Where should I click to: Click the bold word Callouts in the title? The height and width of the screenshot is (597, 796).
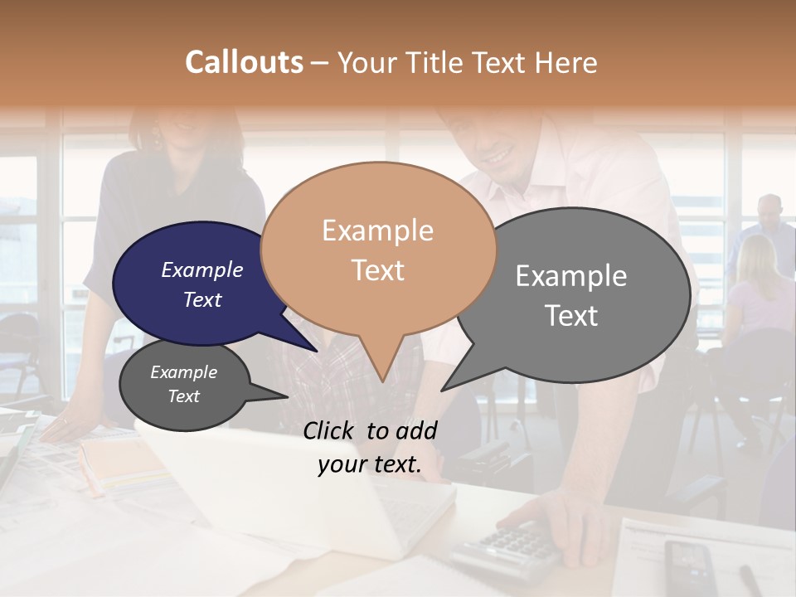(x=244, y=62)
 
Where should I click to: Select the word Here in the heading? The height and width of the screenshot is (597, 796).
(x=568, y=62)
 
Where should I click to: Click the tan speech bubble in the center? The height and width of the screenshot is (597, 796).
(x=378, y=249)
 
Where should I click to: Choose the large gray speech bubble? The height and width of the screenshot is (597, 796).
(x=580, y=294)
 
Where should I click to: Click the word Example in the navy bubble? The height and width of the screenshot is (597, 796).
(x=202, y=269)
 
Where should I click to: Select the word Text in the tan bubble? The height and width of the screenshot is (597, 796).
(x=378, y=270)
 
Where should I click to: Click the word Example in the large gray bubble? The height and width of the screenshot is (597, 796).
(x=571, y=276)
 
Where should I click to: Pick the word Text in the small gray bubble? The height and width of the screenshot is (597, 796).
(x=184, y=396)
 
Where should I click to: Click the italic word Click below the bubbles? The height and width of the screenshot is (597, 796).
(x=331, y=430)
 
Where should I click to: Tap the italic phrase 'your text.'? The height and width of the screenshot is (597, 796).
(x=370, y=464)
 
